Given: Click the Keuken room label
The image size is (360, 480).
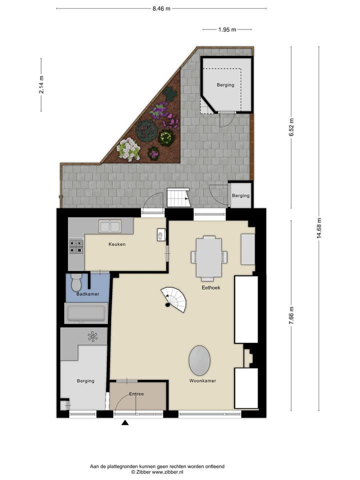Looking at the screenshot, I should (x=117, y=244).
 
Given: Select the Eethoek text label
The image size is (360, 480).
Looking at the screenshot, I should (x=211, y=288).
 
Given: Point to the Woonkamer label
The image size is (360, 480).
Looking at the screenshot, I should (x=202, y=381).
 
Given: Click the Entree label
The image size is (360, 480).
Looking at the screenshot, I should (x=136, y=394).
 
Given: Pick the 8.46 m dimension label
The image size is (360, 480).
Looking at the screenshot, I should (x=161, y=8).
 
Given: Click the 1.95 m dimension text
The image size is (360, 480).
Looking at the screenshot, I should (x=227, y=29).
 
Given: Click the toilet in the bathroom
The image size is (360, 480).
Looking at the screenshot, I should (x=76, y=282).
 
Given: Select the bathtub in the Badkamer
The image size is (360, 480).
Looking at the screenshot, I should (x=86, y=313).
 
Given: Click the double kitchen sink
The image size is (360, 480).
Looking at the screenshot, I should (x=110, y=226).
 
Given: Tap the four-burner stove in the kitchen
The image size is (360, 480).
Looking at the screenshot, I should (x=75, y=245).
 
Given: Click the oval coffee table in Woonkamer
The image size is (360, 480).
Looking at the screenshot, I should (x=199, y=360).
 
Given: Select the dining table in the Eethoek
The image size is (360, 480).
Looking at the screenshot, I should (x=209, y=257).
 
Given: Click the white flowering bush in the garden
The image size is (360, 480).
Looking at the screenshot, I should (x=128, y=149).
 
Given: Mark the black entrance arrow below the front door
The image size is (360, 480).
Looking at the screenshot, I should (x=125, y=423).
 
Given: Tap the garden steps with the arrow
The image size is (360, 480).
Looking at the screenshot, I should (x=178, y=198).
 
